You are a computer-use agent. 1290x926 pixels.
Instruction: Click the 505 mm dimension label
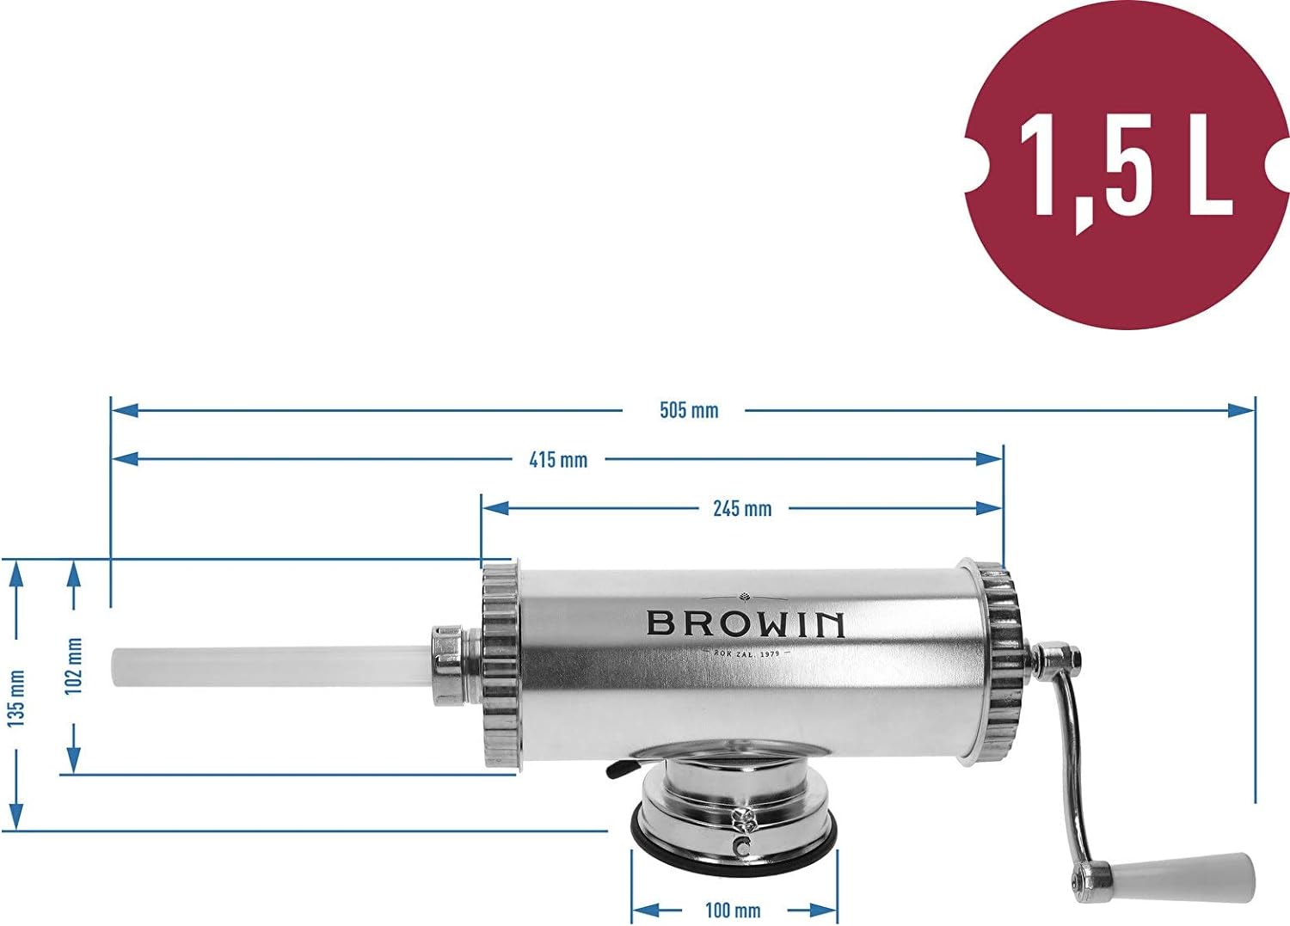[x=689, y=411]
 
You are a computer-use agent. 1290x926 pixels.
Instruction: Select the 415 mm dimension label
[x=558, y=459]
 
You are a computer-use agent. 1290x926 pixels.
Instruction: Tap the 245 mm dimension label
[x=742, y=508]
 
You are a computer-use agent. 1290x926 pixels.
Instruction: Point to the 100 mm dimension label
[x=733, y=910]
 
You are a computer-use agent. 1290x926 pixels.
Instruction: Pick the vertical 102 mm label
[x=73, y=666]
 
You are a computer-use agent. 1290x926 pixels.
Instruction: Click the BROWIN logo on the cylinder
[x=746, y=624]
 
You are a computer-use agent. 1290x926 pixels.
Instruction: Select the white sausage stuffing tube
[x=271, y=667]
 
